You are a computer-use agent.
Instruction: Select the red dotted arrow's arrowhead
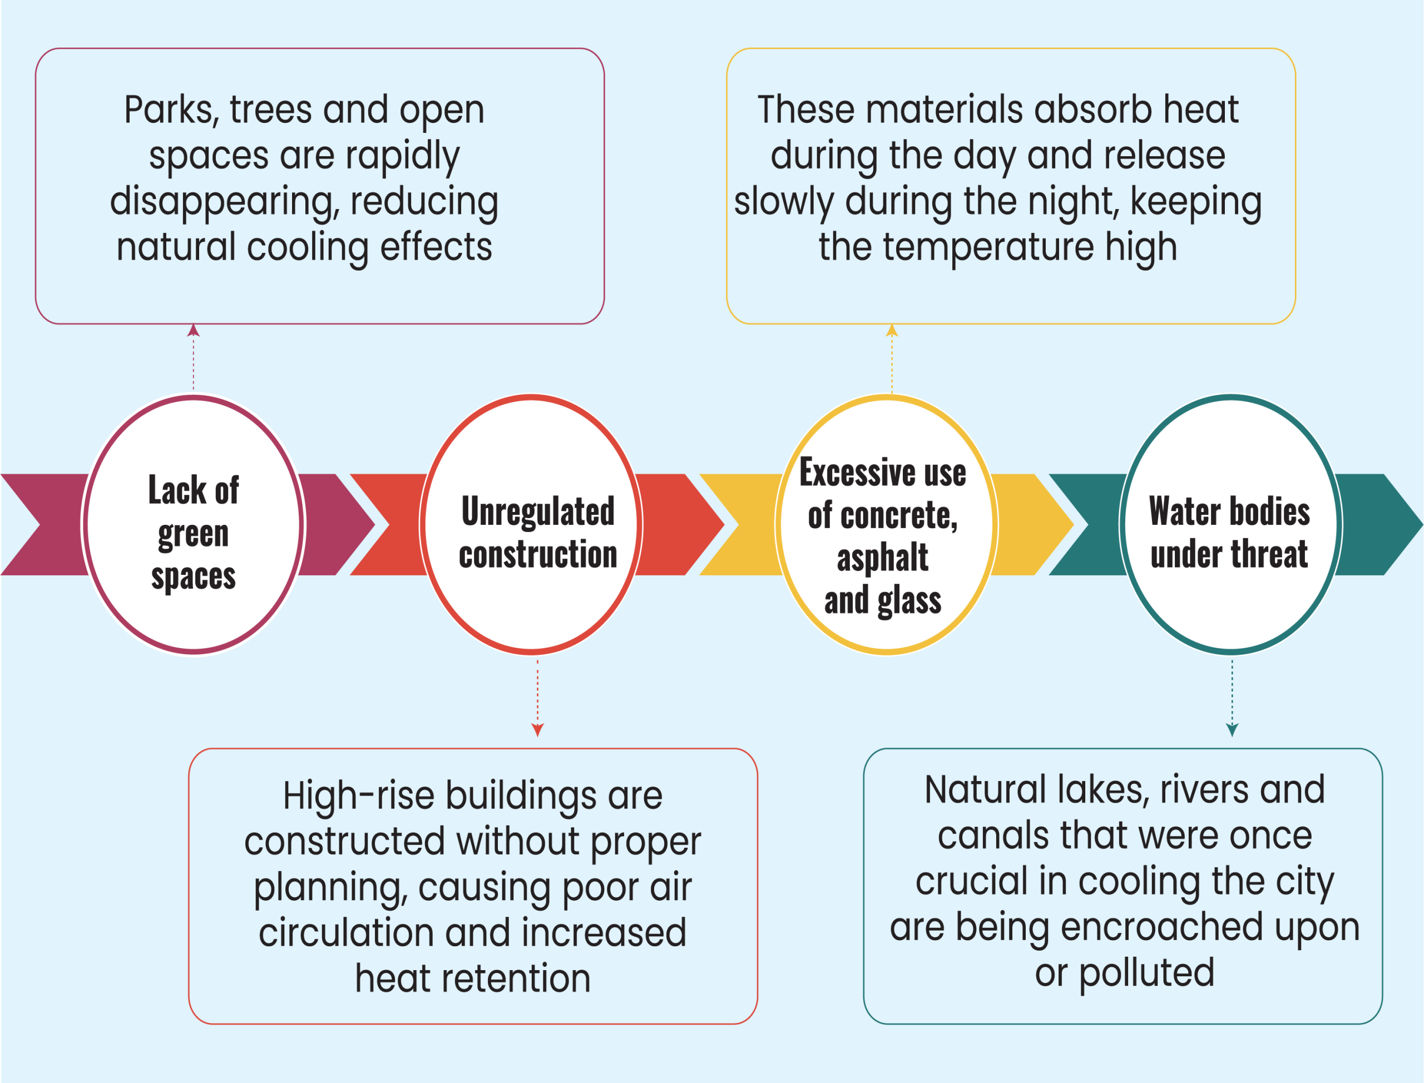[537, 730]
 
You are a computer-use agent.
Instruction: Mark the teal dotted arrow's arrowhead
[1232, 730]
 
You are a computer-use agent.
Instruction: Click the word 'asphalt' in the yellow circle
[882, 558]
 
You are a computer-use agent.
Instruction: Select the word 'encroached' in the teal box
[1161, 928]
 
